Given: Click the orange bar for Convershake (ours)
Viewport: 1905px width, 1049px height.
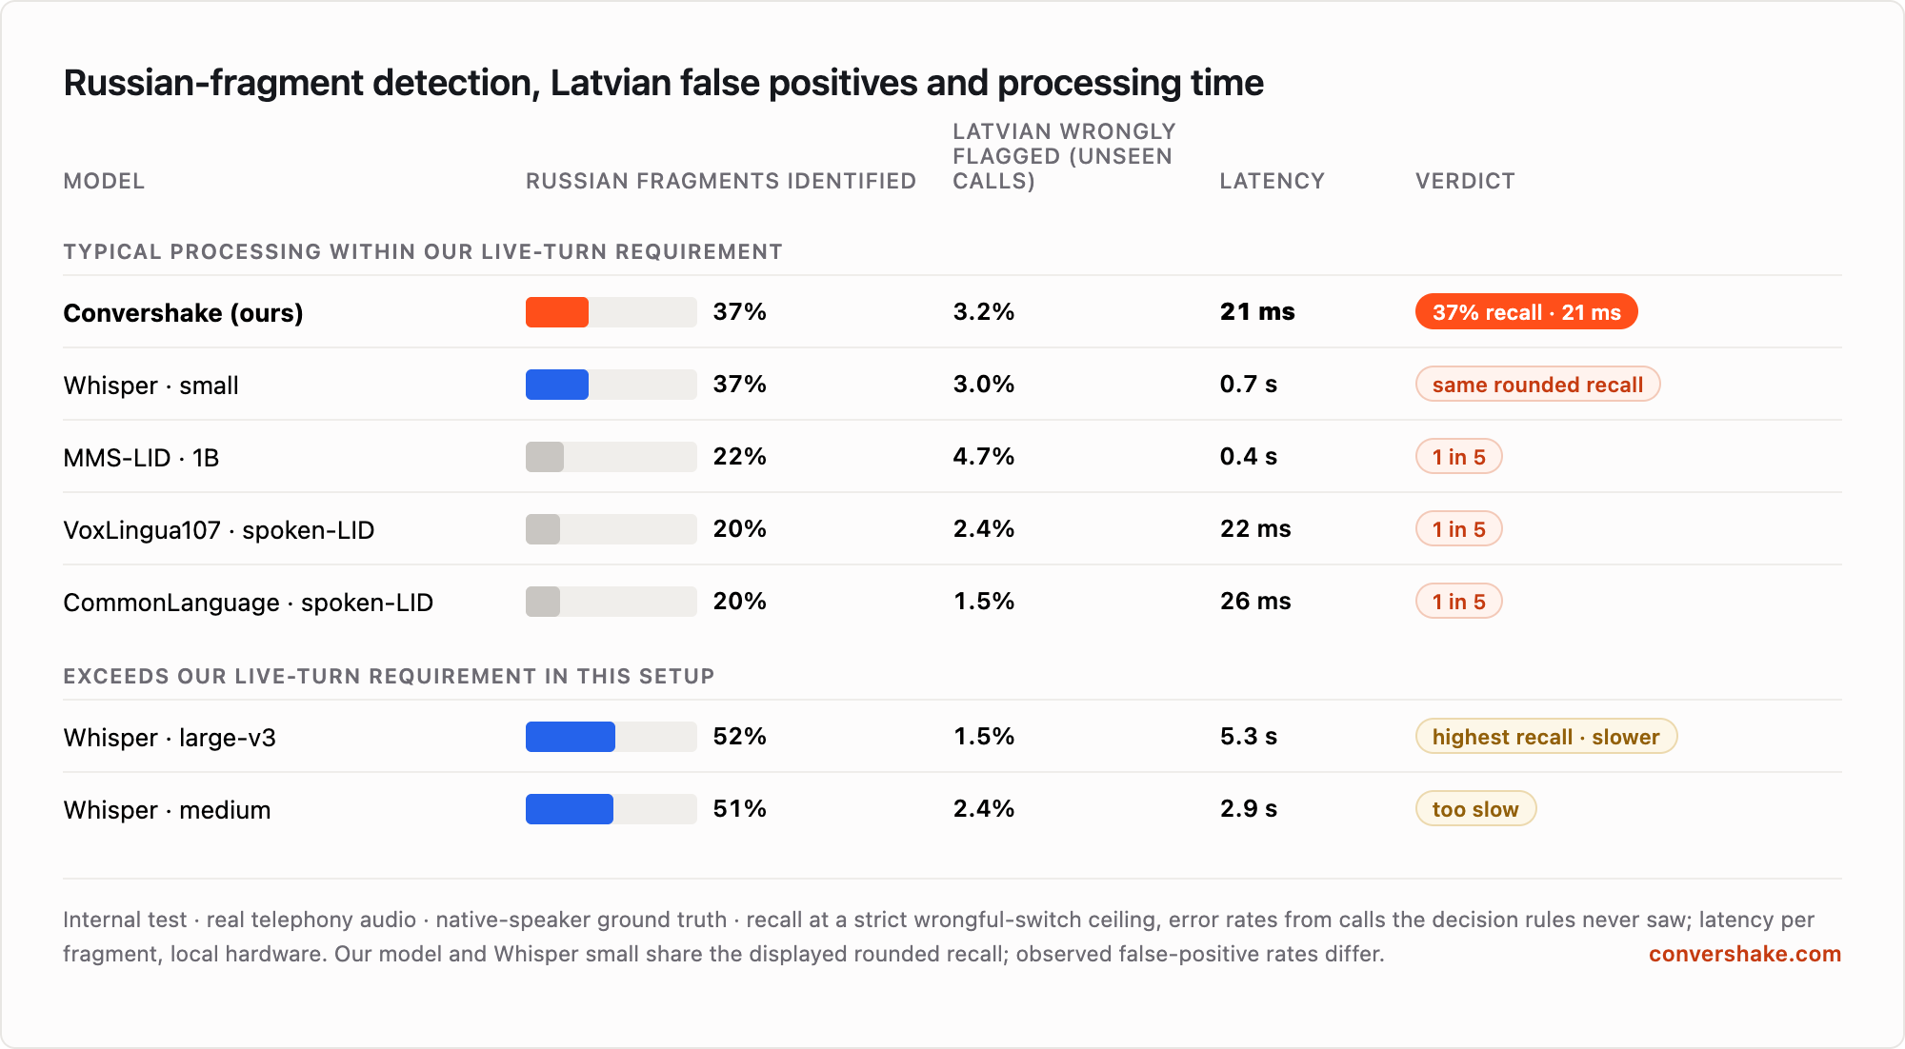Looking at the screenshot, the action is pyautogui.click(x=557, y=312).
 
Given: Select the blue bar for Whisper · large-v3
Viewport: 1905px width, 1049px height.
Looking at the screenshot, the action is pyautogui.click(x=571, y=737).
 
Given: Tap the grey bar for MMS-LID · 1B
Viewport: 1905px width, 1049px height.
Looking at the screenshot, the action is pyautogui.click(x=545, y=457).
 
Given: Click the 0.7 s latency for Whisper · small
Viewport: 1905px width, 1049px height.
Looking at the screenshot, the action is pyautogui.click(x=1249, y=385).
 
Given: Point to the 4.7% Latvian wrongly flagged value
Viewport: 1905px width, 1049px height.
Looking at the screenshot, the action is pyautogui.click(x=984, y=457).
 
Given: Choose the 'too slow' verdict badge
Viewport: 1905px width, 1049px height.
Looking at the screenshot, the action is pyautogui.click(x=1475, y=809).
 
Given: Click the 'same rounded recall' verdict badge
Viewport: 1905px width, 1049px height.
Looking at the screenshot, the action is pyautogui.click(x=1537, y=385).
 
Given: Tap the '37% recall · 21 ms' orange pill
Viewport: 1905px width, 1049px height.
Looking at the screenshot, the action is pyautogui.click(x=1526, y=312).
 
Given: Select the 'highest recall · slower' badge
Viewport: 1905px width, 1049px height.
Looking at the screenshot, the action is pyautogui.click(x=1546, y=737).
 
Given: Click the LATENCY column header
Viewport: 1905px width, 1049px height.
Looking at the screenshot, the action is pyautogui.click(x=1273, y=181).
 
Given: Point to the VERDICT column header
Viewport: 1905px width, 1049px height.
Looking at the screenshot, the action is pyautogui.click(x=1465, y=181).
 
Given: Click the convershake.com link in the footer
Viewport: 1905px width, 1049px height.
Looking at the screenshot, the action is pyautogui.click(x=1745, y=954).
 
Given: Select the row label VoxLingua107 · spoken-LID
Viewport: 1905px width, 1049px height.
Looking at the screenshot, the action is pyautogui.click(x=219, y=530).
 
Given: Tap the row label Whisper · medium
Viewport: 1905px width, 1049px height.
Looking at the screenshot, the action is pyautogui.click(x=168, y=810).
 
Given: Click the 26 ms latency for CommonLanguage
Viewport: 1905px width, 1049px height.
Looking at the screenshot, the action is pyautogui.click(x=1255, y=602).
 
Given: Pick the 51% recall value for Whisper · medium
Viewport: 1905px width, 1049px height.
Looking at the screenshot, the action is pyautogui.click(x=740, y=809).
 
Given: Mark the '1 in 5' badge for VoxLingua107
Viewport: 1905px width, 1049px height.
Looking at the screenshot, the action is pyautogui.click(x=1458, y=529).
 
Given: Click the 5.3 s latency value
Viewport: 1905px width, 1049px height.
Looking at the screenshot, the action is pyautogui.click(x=1249, y=737).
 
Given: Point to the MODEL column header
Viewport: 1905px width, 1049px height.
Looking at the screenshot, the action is pyautogui.click(x=104, y=181).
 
